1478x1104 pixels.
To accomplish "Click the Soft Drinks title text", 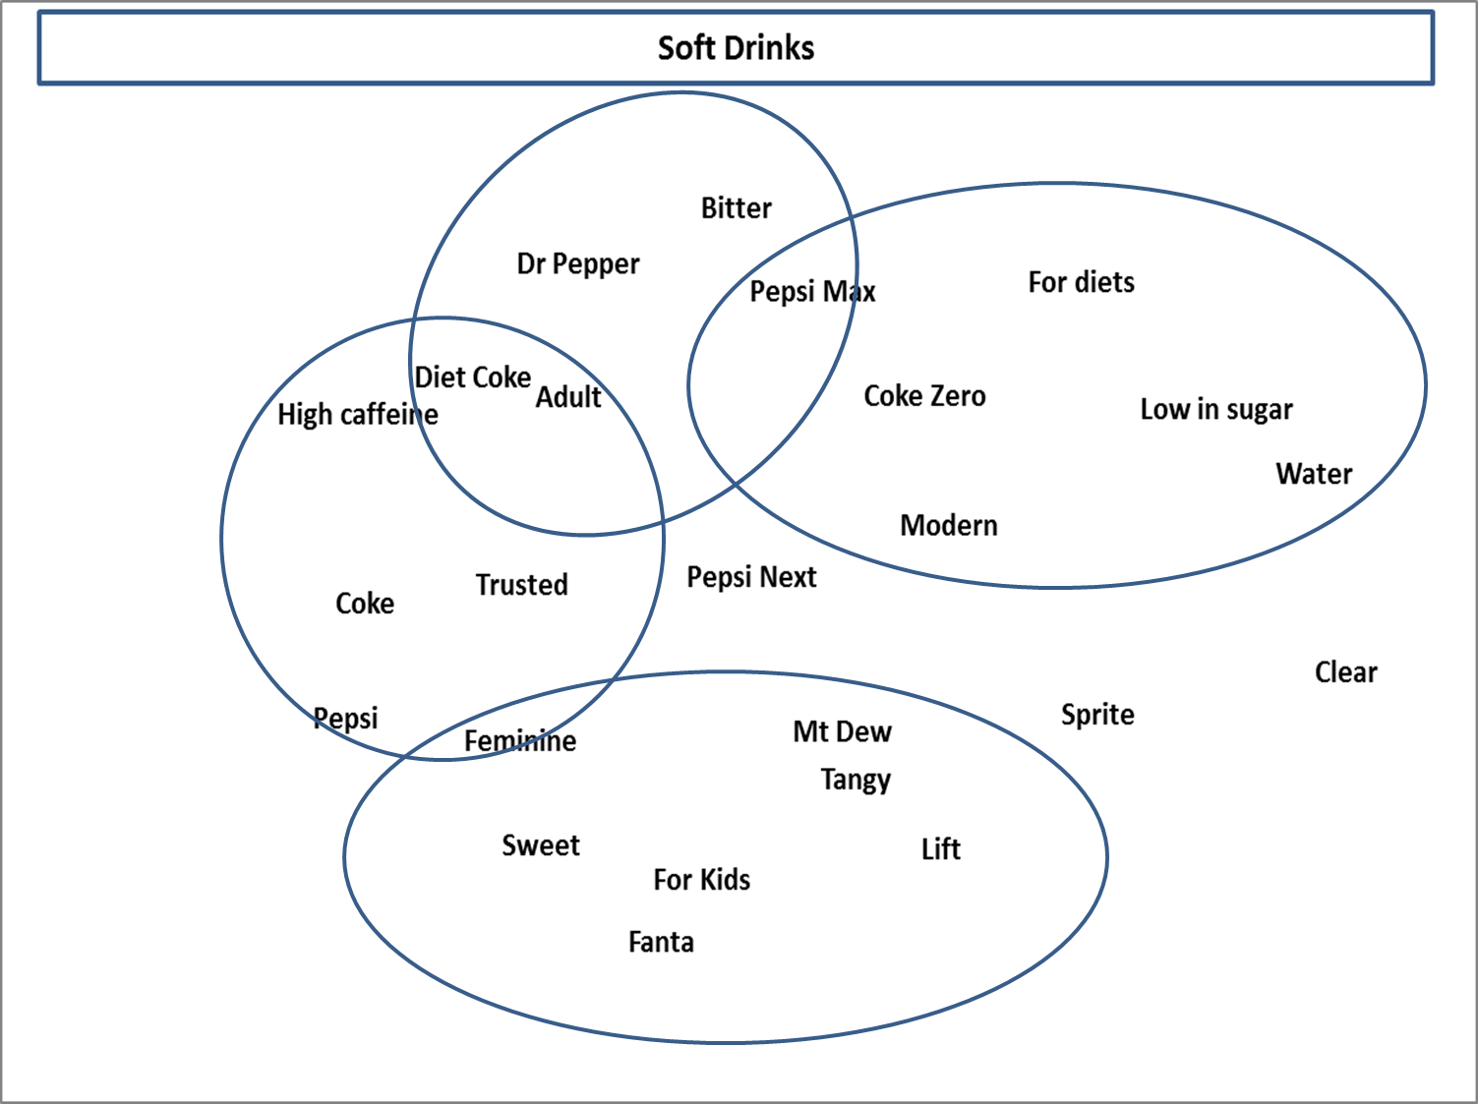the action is (736, 48).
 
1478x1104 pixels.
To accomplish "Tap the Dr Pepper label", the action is (578, 263).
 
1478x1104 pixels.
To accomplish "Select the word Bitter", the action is (736, 208).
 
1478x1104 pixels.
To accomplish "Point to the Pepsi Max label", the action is (812, 291).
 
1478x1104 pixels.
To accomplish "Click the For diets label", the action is (1081, 282).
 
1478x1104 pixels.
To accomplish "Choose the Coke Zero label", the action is (924, 396).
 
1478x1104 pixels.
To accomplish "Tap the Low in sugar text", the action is (1216, 409).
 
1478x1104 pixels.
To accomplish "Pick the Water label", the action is (1314, 474).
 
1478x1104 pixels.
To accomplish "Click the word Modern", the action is (949, 525).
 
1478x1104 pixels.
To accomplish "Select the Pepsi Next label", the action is (751, 578).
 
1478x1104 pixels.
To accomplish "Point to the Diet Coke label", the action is (473, 377).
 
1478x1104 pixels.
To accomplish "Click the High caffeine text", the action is (358, 415).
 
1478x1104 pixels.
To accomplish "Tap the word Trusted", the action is (522, 584).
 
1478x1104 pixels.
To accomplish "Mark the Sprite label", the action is (1097, 715).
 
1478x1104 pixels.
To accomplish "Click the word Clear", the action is (1346, 671).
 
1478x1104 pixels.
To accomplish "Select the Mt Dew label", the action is (842, 731).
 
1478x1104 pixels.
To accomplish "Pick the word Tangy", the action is (856, 781).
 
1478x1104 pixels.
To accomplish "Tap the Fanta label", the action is (661, 942).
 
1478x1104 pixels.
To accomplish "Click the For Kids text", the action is (701, 880).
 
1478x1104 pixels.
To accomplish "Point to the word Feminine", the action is (520, 740).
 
